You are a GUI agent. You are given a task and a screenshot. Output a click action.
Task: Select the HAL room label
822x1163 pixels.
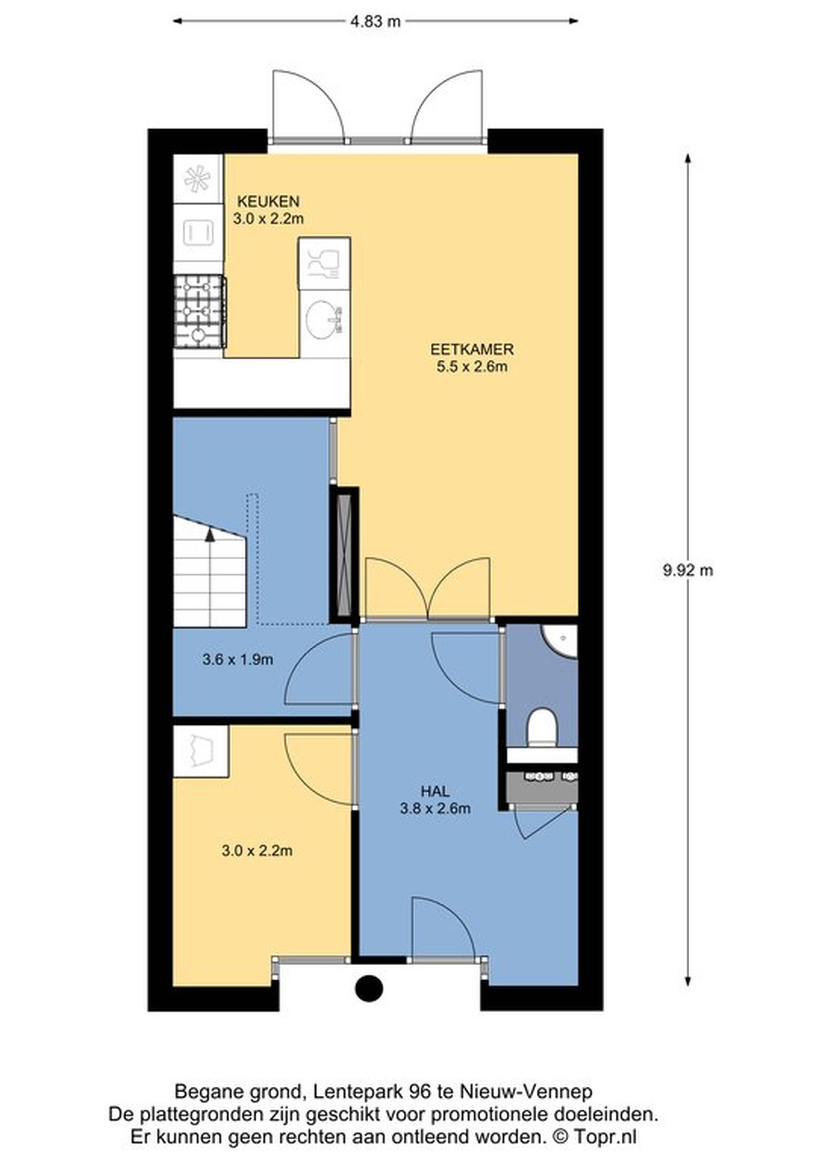click(435, 791)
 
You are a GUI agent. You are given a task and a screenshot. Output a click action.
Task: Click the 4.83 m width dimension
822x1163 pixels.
click(375, 21)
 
